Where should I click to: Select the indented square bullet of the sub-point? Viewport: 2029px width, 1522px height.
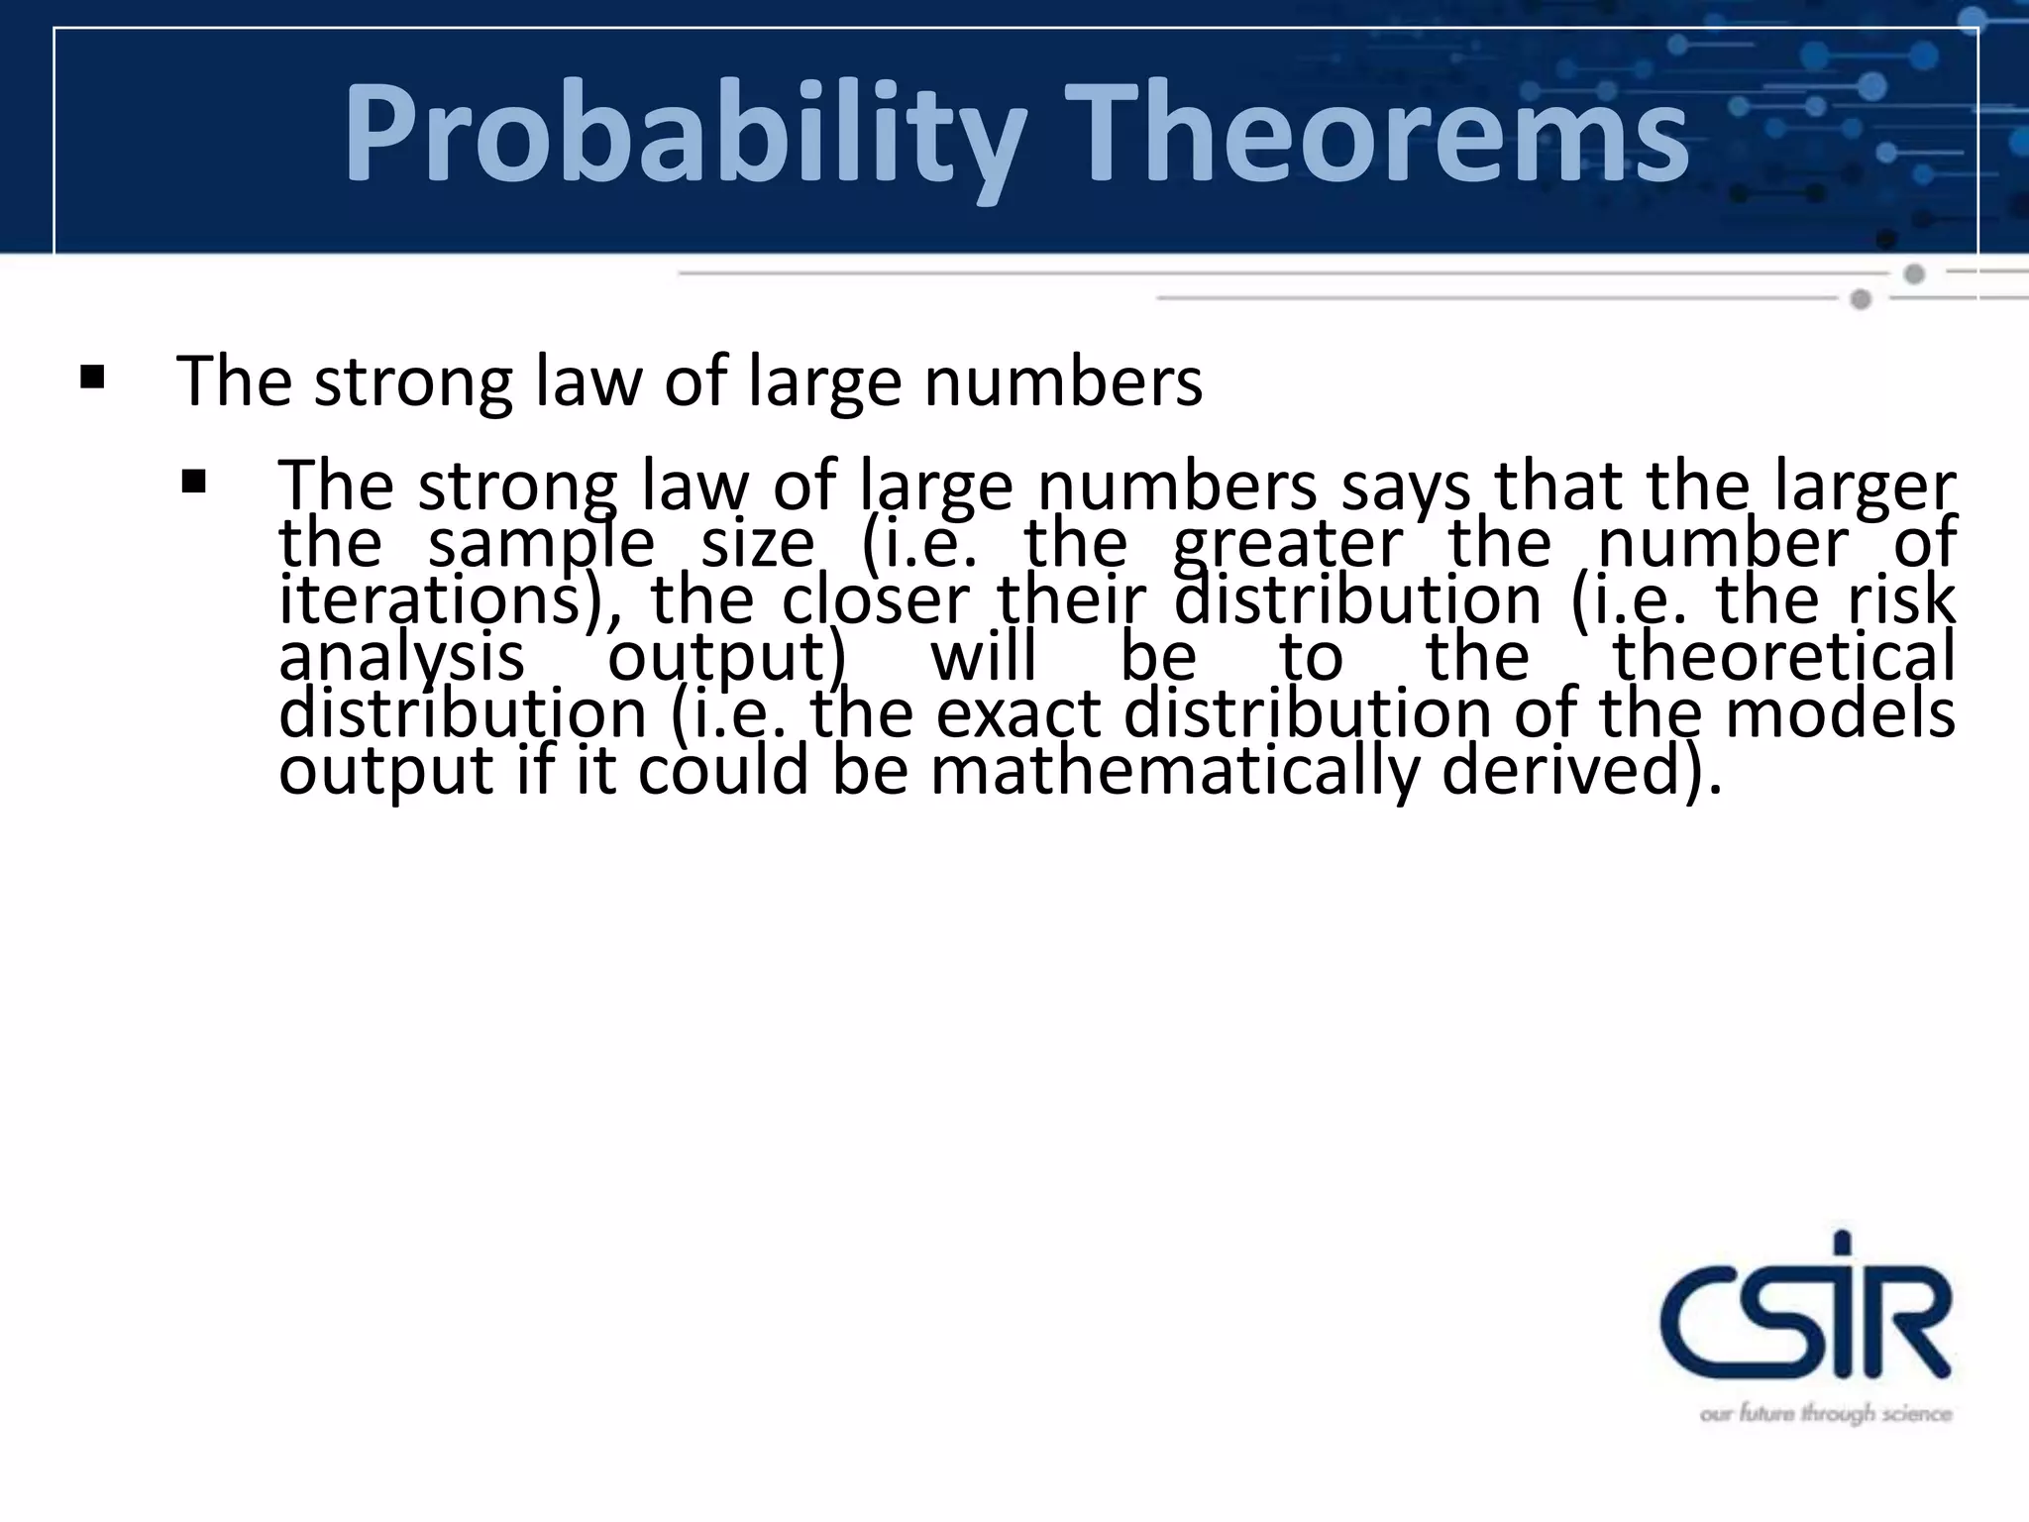(x=193, y=483)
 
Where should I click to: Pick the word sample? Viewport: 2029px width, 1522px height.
(x=541, y=544)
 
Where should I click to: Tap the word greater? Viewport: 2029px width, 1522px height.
(x=1287, y=544)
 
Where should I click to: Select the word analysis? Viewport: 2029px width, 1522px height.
(x=401, y=657)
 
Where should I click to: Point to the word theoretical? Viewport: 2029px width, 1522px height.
(x=1783, y=657)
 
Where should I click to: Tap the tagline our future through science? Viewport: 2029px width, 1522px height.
(x=1825, y=1414)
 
